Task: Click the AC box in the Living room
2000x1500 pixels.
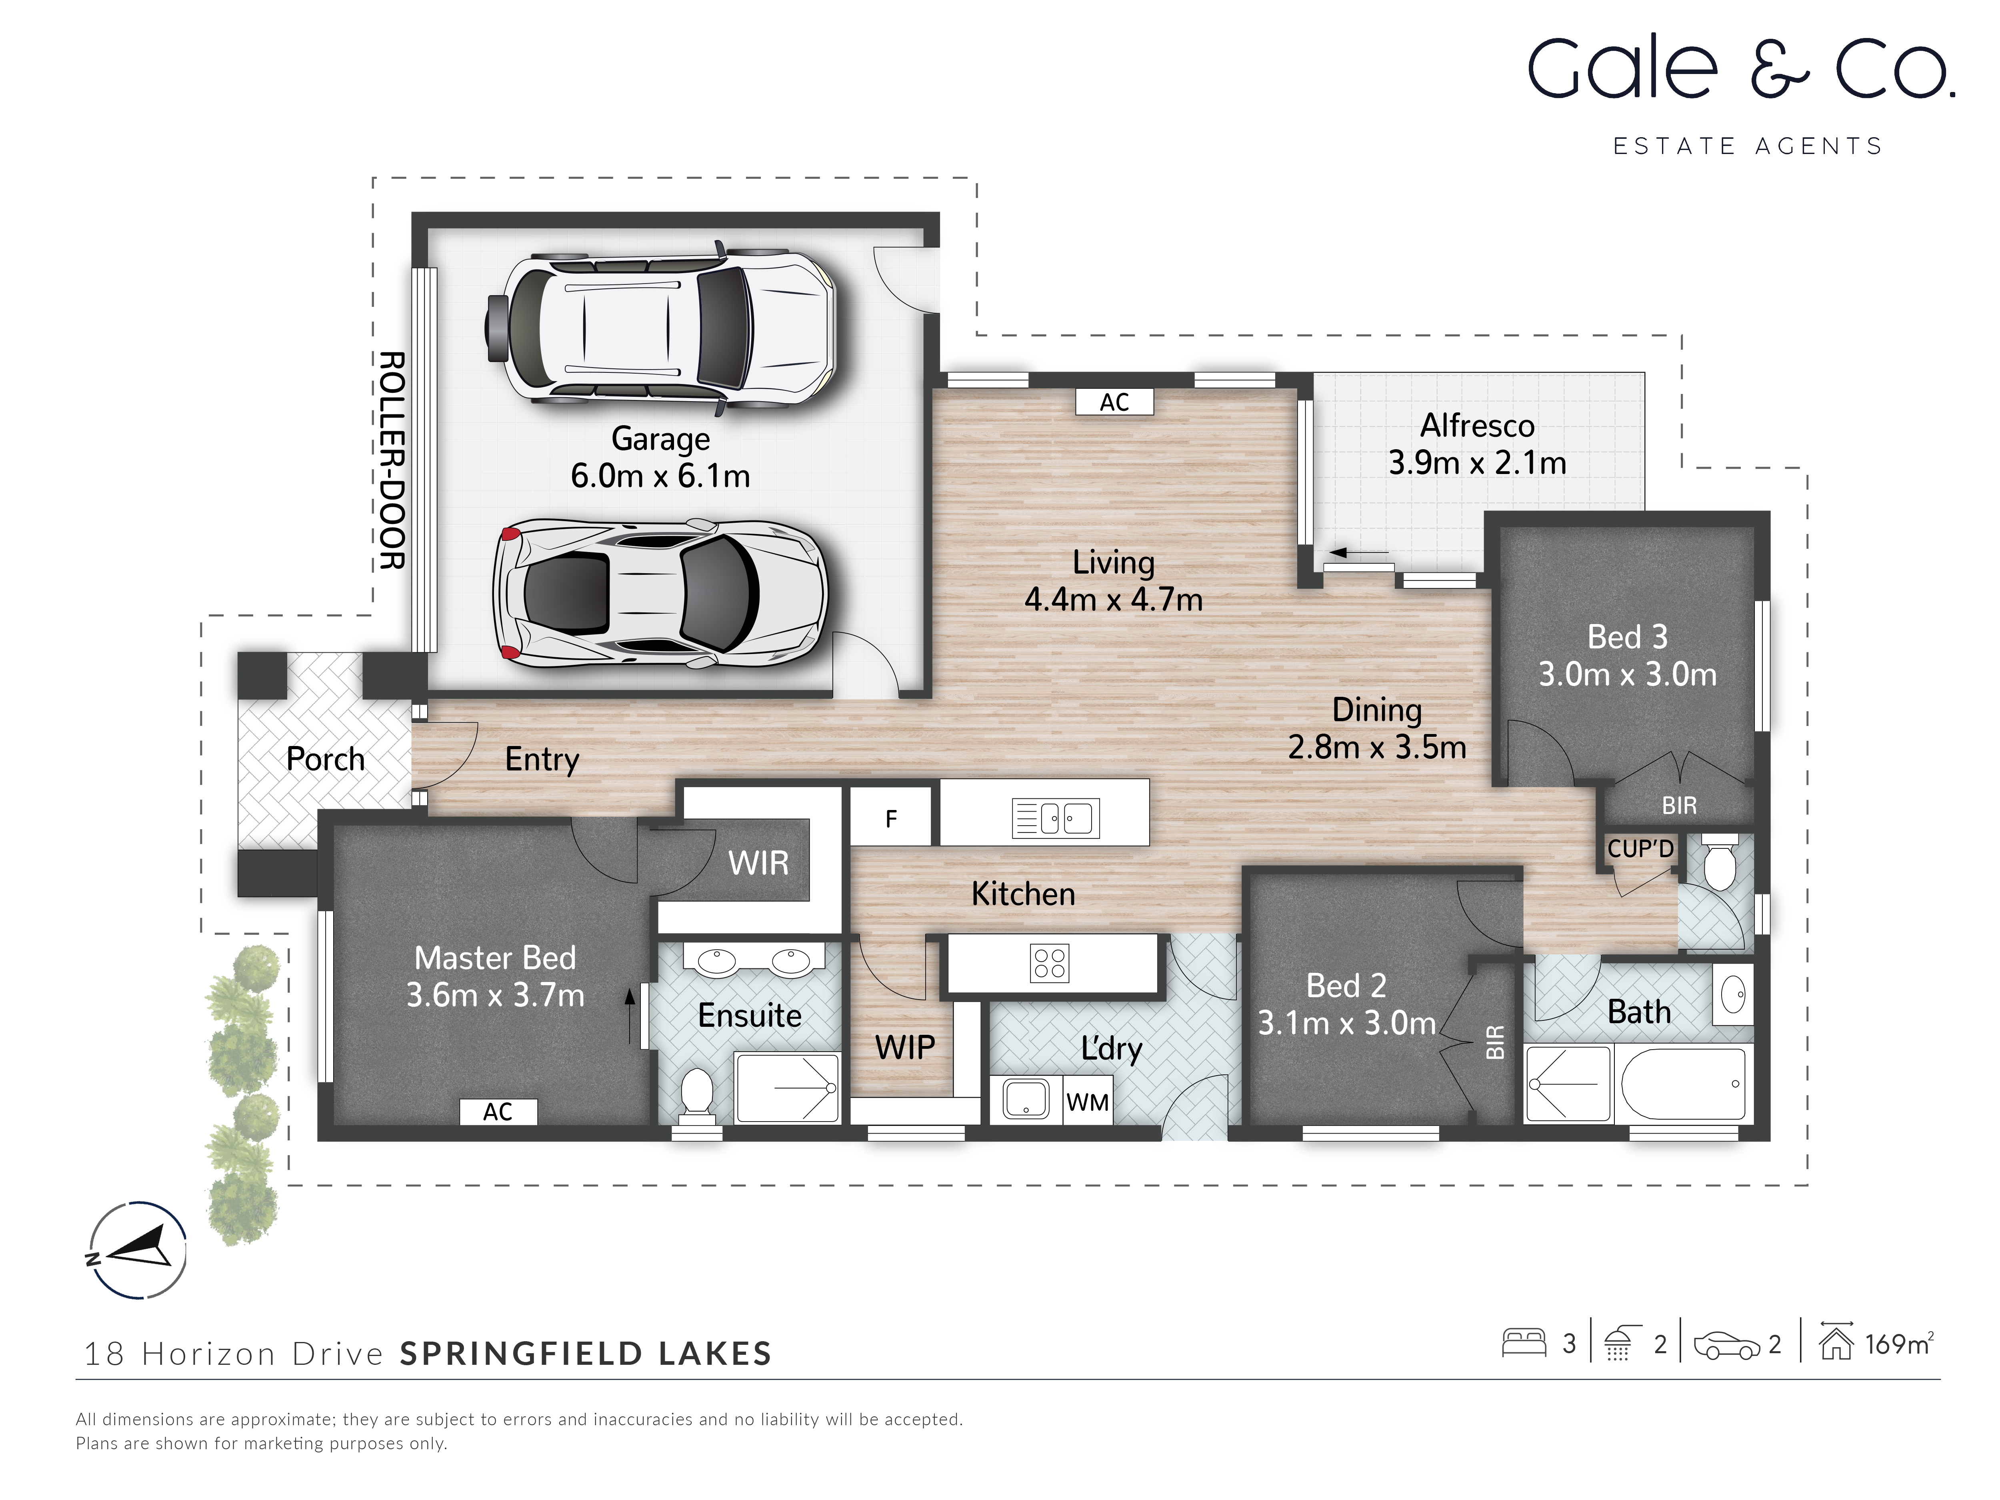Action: (x=1114, y=402)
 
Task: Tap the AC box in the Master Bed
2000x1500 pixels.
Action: (x=498, y=1111)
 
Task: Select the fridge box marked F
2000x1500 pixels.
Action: (x=890, y=818)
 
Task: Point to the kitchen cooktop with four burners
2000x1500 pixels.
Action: (x=1049, y=963)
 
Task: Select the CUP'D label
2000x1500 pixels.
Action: (x=1640, y=848)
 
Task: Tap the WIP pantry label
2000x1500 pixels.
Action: (x=904, y=1047)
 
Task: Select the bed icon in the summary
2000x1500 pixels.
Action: (x=1524, y=1343)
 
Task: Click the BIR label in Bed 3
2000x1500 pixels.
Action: (x=1679, y=805)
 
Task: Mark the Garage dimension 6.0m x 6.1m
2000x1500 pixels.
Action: (x=660, y=476)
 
